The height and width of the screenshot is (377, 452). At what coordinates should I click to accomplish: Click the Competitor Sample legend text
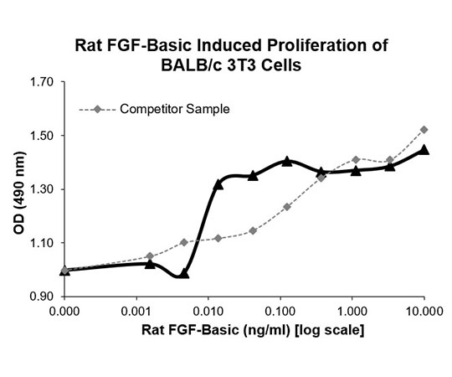175,109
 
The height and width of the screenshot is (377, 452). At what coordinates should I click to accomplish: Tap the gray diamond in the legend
98,109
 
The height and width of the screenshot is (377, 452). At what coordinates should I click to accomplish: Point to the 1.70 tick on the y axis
42,82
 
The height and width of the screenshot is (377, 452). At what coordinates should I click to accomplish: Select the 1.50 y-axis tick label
42,135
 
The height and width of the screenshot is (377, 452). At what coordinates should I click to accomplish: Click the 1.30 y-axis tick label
42,189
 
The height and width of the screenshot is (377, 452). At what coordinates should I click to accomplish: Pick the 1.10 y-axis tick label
42,243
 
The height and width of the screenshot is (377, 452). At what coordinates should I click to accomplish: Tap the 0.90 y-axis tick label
42,297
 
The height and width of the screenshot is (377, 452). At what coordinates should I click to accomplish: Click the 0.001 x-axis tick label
136,312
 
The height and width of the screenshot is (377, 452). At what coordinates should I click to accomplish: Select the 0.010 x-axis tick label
208,312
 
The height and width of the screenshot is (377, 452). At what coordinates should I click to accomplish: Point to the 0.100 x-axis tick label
280,312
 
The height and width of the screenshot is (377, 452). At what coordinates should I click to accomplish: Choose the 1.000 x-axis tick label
352,312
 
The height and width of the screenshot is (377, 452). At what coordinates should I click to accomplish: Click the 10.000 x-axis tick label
424,312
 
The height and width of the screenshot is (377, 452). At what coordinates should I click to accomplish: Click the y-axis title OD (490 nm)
19,193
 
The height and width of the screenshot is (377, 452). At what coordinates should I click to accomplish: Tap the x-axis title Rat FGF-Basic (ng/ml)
215,330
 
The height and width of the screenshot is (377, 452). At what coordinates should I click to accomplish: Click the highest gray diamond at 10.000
424,130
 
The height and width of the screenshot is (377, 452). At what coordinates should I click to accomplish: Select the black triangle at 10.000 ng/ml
424,150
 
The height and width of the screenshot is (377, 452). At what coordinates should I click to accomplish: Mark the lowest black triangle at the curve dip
184,273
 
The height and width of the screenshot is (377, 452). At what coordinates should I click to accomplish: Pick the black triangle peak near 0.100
287,161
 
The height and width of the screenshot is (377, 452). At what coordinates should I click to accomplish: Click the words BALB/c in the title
192,65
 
